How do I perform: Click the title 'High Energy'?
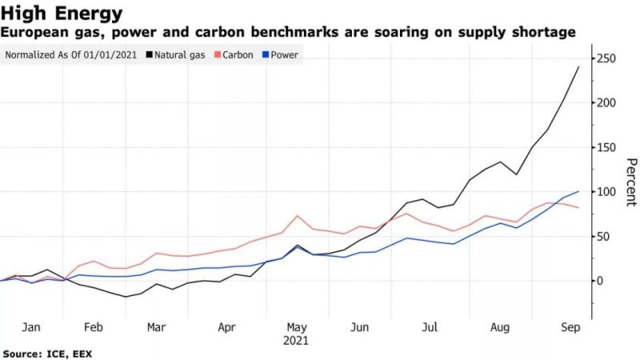[62, 13]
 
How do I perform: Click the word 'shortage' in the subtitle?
[542, 33]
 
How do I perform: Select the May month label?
[297, 327]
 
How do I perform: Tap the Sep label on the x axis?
[570, 327]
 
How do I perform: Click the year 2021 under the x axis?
[297, 340]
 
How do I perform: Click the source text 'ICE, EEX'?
[74, 353]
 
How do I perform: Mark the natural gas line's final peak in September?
[578, 67]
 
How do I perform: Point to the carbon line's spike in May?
[298, 216]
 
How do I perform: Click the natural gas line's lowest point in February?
[126, 297]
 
